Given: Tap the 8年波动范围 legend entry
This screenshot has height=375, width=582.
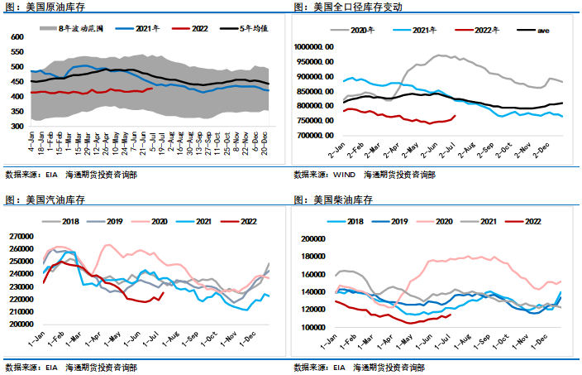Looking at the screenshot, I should point(83,28).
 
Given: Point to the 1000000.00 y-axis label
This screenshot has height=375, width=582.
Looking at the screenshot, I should point(313,47).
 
